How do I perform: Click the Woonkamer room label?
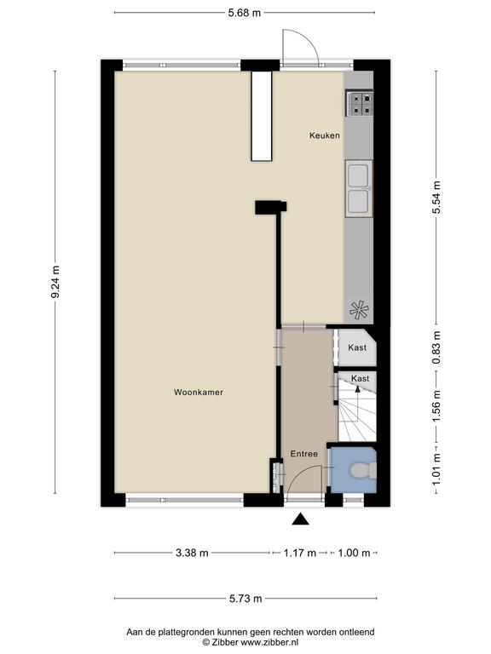pyautogui.click(x=199, y=392)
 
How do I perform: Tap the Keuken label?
pyautogui.click(x=325, y=135)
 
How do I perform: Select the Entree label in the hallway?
pyautogui.click(x=304, y=454)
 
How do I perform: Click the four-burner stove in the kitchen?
pyautogui.click(x=359, y=103)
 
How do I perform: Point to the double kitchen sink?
pyautogui.click(x=359, y=188)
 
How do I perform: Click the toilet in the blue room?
pyautogui.click(x=363, y=470)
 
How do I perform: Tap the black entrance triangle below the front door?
pyautogui.click(x=300, y=519)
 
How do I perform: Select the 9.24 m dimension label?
pyautogui.click(x=55, y=282)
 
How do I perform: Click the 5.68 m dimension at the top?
pyautogui.click(x=245, y=13)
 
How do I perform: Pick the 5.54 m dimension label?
pyautogui.click(x=436, y=198)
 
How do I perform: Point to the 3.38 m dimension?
pyautogui.click(x=192, y=553)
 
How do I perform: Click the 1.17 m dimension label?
pyautogui.click(x=300, y=553)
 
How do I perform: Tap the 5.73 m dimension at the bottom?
pyautogui.click(x=245, y=599)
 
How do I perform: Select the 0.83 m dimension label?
pyautogui.click(x=436, y=347)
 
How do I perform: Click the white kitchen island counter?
pyautogui.click(x=262, y=116)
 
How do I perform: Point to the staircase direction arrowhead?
pyautogui.click(x=357, y=389)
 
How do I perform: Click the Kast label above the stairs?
pyautogui.click(x=360, y=379)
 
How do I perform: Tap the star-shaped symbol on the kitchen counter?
pyautogui.click(x=359, y=310)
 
